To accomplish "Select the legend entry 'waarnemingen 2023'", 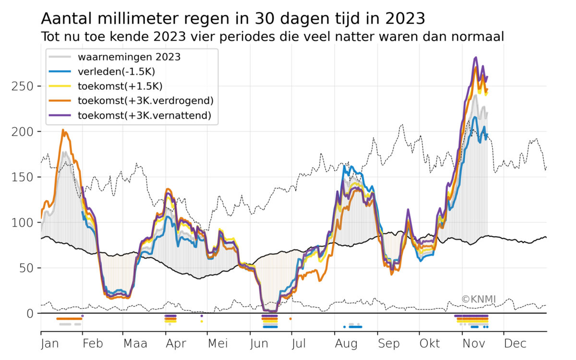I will pyautogui.click(x=129, y=57).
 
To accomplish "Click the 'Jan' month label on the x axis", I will pyautogui.click(x=49, y=344).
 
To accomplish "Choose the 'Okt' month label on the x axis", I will pyautogui.click(x=429, y=344).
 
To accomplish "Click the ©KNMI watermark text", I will pyautogui.click(x=479, y=300).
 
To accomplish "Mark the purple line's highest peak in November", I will pyautogui.click(x=475, y=58).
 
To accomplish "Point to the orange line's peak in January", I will pyautogui.click(x=63, y=130).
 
